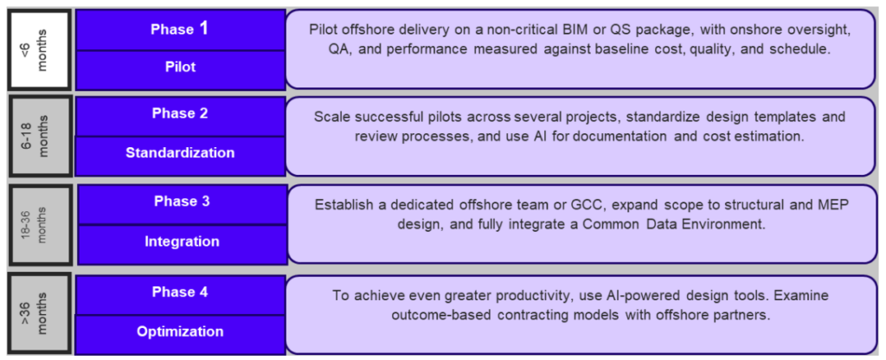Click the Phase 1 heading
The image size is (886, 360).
click(x=180, y=29)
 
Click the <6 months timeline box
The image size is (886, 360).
click(x=40, y=49)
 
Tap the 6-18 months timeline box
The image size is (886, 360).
click(x=40, y=136)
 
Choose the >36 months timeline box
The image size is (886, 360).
click(x=40, y=314)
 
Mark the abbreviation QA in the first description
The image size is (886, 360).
click(x=338, y=49)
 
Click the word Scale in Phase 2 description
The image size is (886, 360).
click(x=329, y=117)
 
